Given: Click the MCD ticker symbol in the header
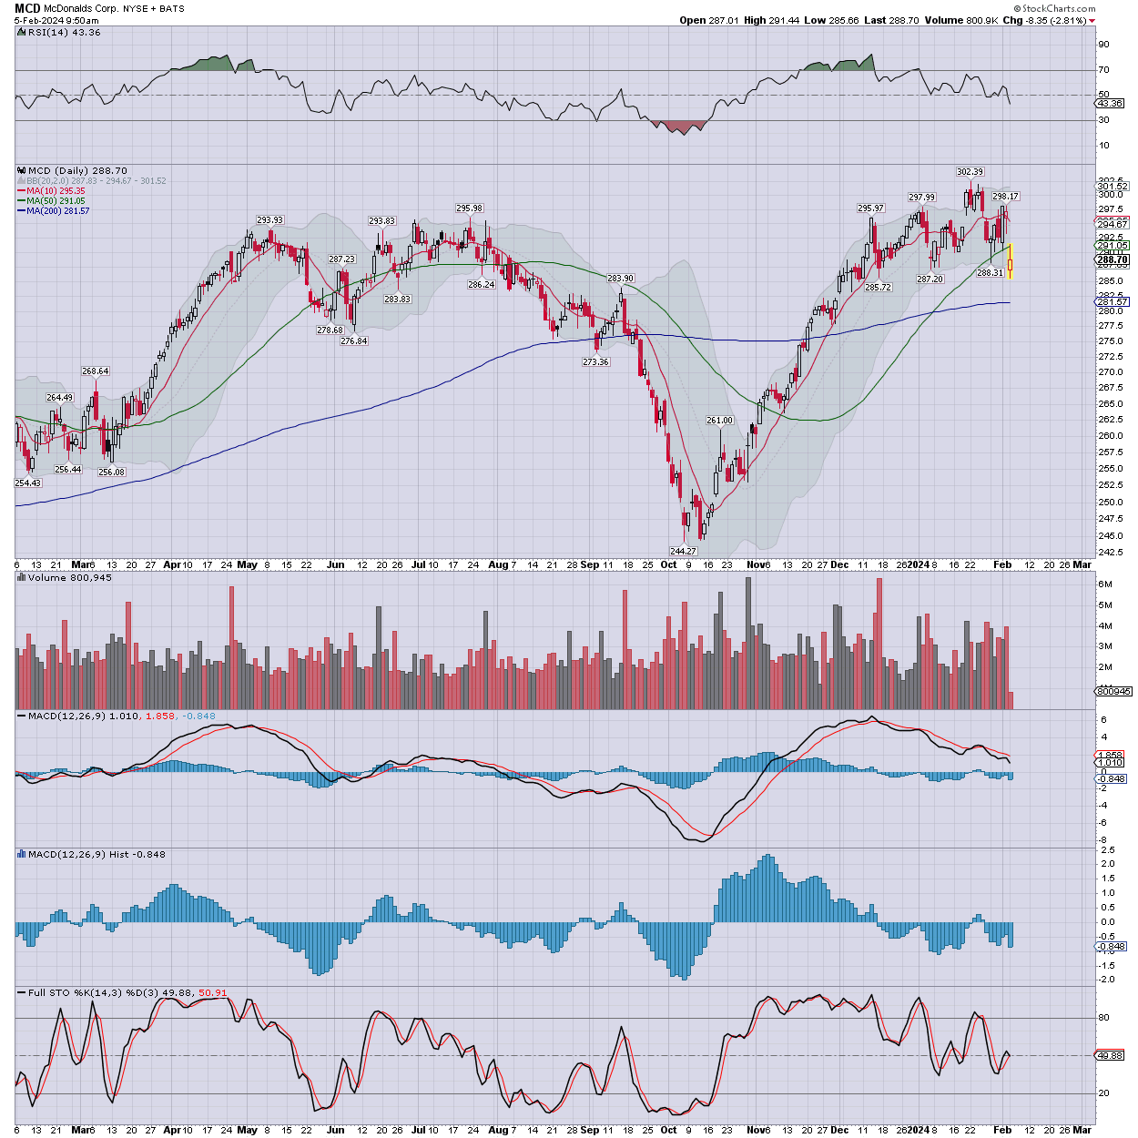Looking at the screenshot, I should [27, 8].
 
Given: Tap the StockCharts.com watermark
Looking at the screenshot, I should [1059, 8].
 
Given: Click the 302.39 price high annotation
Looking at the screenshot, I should [970, 171].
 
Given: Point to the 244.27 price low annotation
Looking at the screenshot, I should [683, 551].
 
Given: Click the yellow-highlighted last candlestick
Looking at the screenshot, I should [1010, 261].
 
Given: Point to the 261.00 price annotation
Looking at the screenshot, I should [719, 420].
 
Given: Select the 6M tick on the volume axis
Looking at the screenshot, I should [1105, 584].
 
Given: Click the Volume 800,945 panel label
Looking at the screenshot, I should [69, 577].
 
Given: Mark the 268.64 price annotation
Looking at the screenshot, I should [96, 371].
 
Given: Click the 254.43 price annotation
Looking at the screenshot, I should [28, 483].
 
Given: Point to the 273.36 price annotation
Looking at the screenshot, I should [595, 361].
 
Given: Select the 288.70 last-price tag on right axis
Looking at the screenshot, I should [1113, 260].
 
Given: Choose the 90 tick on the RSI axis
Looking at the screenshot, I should [1103, 45].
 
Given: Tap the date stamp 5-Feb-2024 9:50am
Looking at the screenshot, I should [56, 20].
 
